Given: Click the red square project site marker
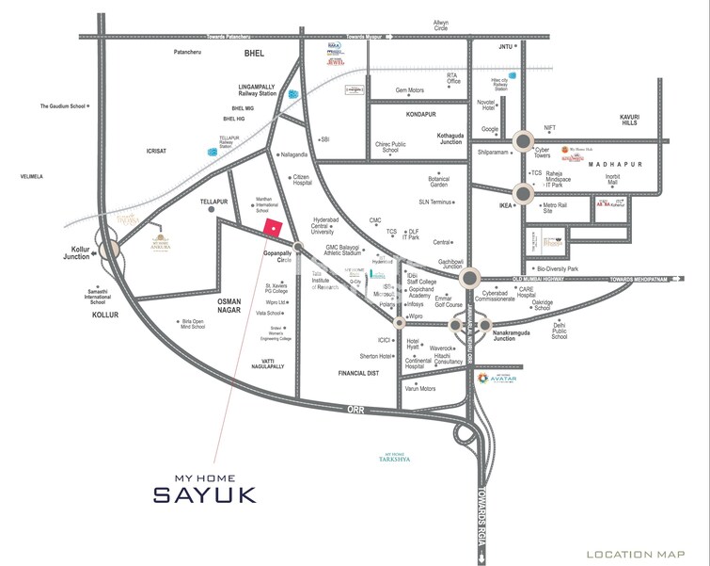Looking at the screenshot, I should (273, 228).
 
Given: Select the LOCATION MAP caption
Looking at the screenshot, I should (640, 554).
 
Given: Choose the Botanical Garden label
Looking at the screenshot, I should (439, 182).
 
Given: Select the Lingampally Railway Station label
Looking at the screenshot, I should (257, 90).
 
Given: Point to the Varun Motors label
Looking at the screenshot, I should (419, 388).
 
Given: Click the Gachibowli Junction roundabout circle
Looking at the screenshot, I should (469, 278).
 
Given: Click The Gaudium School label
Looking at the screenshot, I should (62, 106).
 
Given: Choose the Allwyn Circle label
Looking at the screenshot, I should (441, 24).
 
